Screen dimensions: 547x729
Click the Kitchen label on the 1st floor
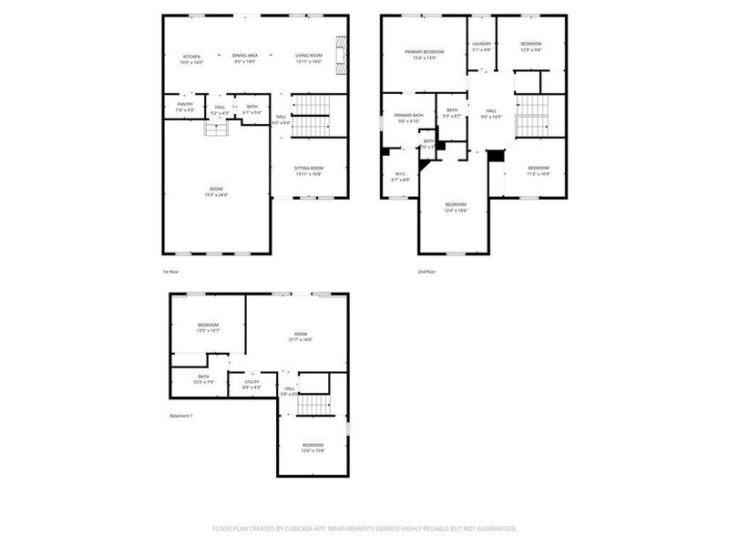point(192,57)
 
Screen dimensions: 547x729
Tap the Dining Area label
point(244,57)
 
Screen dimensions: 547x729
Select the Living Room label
point(309,57)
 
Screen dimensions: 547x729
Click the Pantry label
point(184,104)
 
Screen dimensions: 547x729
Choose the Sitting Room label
point(309,168)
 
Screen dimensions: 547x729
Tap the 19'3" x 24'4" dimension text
point(215,194)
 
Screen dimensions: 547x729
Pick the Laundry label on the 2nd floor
point(481,44)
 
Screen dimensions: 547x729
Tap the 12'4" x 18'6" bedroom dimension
point(456,210)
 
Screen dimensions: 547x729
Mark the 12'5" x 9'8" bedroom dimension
point(531,50)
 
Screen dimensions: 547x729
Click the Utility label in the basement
point(252,382)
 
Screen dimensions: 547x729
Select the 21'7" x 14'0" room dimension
point(301,339)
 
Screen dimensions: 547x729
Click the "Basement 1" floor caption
point(181,416)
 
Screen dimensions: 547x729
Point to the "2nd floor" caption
point(426,272)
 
